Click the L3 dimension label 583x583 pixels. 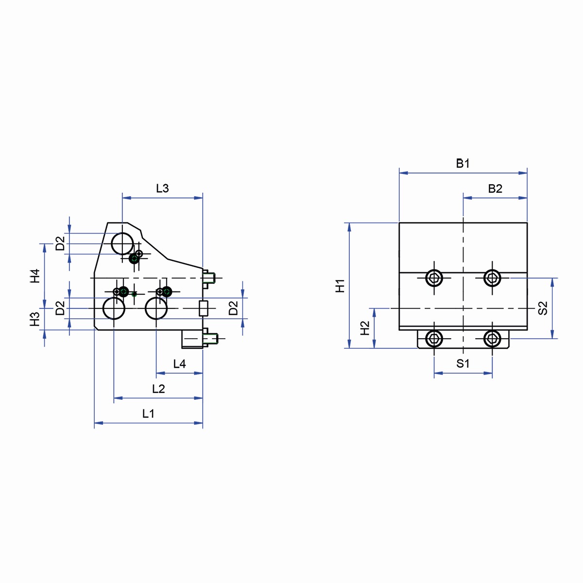point(162,189)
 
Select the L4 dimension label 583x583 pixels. point(179,364)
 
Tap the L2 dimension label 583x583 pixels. point(158,389)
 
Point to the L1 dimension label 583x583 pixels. point(148,413)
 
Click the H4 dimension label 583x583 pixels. point(35,276)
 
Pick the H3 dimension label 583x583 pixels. point(35,319)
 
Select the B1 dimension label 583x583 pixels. point(463,163)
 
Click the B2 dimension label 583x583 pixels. point(495,189)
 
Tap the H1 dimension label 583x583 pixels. point(341,286)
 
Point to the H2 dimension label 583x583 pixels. point(365,328)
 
